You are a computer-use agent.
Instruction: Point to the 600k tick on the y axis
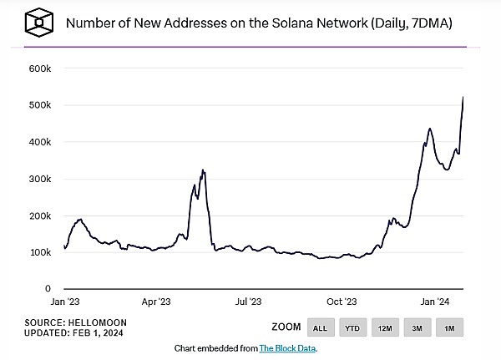click(x=41, y=68)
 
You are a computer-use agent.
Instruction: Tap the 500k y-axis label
click(x=41, y=105)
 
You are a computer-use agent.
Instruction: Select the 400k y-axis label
click(x=41, y=142)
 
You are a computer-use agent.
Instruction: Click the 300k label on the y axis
click(x=41, y=179)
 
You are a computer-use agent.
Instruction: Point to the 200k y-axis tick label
click(x=41, y=215)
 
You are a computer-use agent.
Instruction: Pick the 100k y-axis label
click(x=41, y=252)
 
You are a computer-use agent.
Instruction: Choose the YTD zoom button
click(x=352, y=327)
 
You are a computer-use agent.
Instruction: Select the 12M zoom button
click(x=385, y=327)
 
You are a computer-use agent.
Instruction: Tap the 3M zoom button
click(x=417, y=327)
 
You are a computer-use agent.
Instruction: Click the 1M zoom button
click(x=448, y=327)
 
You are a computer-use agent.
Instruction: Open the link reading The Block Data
click(x=288, y=347)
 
